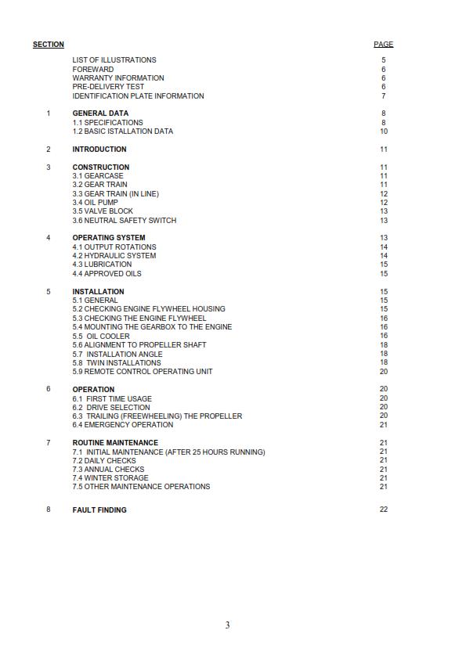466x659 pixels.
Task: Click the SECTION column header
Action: click(49, 45)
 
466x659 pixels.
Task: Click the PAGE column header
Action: click(383, 45)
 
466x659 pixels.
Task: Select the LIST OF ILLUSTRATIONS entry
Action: click(114, 60)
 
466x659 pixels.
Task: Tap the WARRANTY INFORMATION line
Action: click(118, 78)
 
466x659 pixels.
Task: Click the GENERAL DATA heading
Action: click(100, 113)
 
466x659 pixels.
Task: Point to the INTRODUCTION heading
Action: click(99, 149)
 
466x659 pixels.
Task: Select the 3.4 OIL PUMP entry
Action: click(95, 203)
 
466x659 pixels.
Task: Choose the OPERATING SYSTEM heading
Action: click(109, 238)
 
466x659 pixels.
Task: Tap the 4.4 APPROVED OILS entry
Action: click(107, 274)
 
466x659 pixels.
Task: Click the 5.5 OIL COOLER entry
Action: click(101, 337)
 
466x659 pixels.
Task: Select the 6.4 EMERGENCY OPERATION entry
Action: click(123, 425)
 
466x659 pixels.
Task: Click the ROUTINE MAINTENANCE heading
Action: click(115, 443)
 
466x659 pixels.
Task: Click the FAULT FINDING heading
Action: click(99, 510)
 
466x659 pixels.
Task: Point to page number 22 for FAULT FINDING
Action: click(383, 510)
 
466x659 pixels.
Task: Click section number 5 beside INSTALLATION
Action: click(48, 292)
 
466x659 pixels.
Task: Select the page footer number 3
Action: click(227, 625)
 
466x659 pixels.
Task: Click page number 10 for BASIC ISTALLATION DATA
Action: click(384, 131)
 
